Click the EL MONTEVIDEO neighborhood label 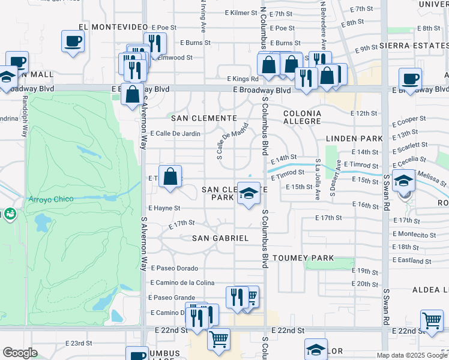click(113, 28)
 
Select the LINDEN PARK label click(350, 139)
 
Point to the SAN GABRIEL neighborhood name click(220, 238)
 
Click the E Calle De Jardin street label click(175, 134)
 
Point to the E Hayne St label click(164, 208)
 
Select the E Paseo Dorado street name click(174, 268)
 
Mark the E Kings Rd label click(243, 79)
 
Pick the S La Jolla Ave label click(318, 179)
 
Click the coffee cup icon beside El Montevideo click(73, 41)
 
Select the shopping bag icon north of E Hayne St click(170, 177)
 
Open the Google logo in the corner click(20, 353)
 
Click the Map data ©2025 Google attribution click(412, 355)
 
